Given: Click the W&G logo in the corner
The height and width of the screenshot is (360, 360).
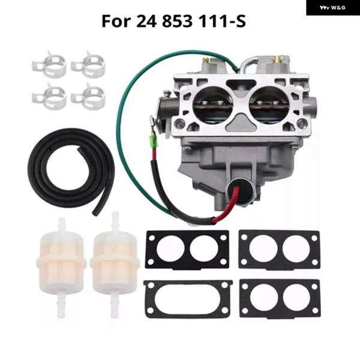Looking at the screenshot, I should coord(332,7).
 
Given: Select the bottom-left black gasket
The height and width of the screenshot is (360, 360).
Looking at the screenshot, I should coord(187,298).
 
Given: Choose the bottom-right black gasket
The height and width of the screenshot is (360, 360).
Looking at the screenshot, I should coord(279,298).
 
